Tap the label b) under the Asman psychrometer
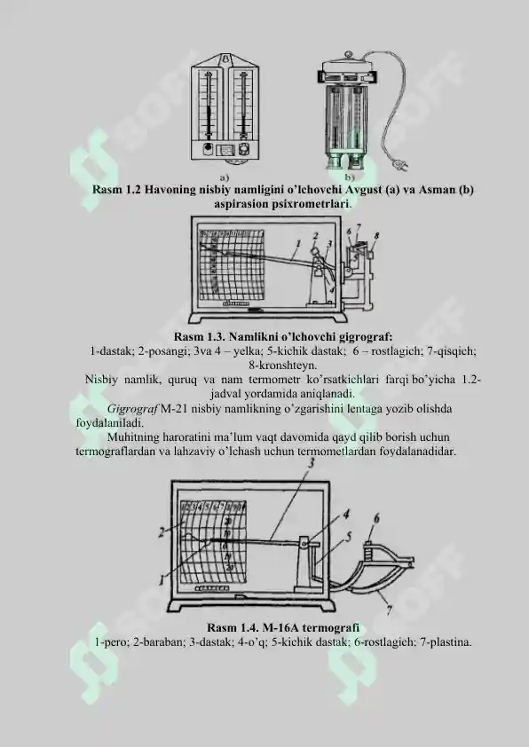338,177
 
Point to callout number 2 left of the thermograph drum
163,531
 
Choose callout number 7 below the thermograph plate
388,609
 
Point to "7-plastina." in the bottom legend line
441,641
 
